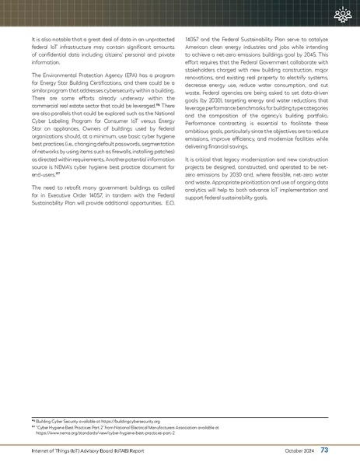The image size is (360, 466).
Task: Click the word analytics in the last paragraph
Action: [201, 191]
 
